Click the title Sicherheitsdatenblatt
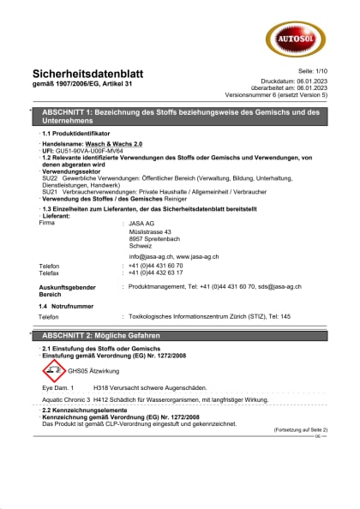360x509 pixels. coord(88,74)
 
